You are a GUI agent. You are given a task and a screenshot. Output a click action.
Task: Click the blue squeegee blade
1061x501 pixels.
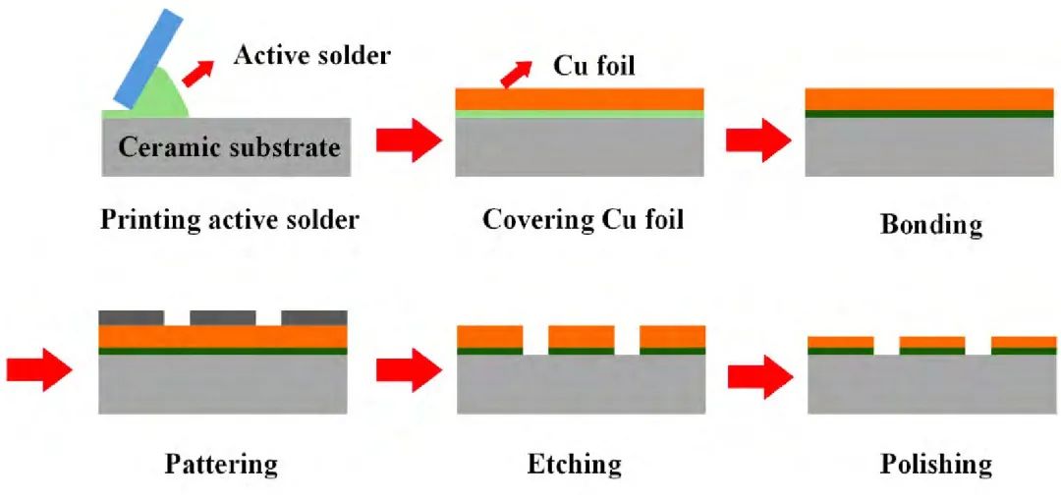click(148, 57)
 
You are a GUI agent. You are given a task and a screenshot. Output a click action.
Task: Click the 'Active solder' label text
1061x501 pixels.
click(311, 54)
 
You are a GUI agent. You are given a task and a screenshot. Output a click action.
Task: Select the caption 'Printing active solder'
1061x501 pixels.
click(230, 219)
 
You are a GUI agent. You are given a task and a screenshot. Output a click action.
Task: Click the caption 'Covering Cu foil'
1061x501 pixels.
click(583, 218)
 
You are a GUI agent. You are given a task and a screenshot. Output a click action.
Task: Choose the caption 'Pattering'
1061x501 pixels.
click(222, 463)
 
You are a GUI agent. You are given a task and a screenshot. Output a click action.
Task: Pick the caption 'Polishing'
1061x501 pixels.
click(936, 463)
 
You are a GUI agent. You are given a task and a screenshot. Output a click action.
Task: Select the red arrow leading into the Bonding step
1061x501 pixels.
click(757, 140)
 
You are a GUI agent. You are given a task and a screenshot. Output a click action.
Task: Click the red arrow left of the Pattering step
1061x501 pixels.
click(38, 369)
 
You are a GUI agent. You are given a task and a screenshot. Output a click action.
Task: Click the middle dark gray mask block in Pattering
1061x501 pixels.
click(223, 317)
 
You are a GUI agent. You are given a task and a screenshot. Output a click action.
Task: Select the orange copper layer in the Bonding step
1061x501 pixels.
click(929, 98)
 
